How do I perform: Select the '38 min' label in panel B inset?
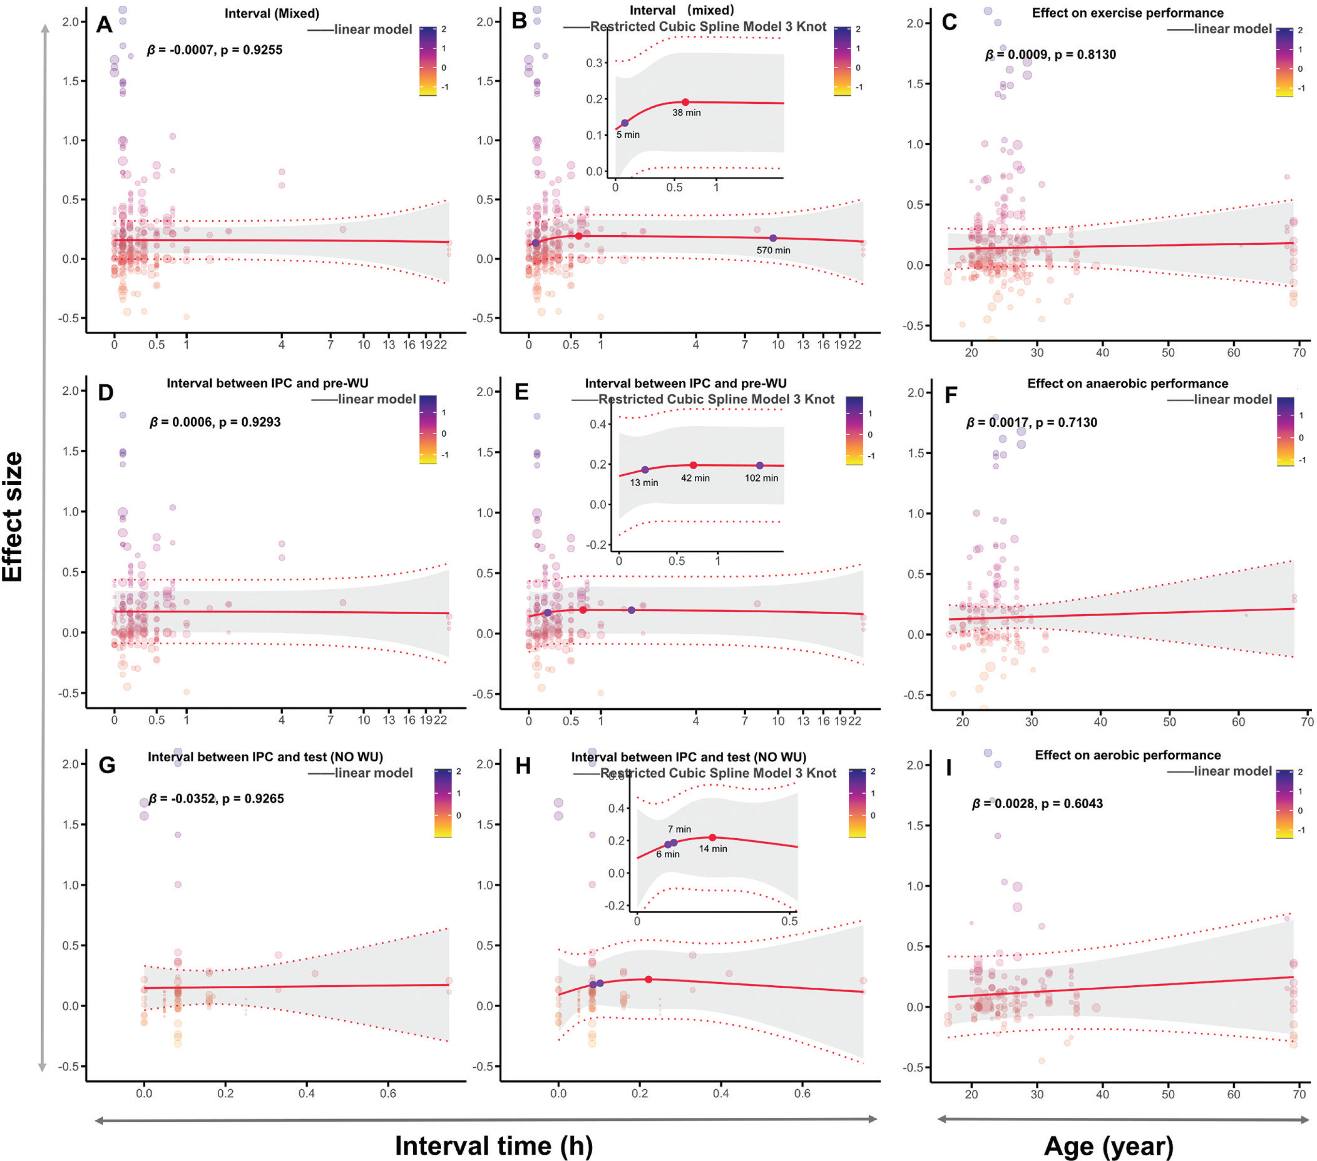point(686,113)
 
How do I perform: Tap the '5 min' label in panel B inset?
point(628,135)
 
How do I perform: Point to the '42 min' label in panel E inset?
point(695,478)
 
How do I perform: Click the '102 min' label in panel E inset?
point(761,478)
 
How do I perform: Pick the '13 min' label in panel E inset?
point(644,482)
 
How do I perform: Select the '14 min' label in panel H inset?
point(713,849)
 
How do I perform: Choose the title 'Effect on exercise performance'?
point(1128,13)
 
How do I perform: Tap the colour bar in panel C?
point(1284,62)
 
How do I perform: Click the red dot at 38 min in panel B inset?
point(685,102)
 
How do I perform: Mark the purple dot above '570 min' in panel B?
point(773,238)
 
